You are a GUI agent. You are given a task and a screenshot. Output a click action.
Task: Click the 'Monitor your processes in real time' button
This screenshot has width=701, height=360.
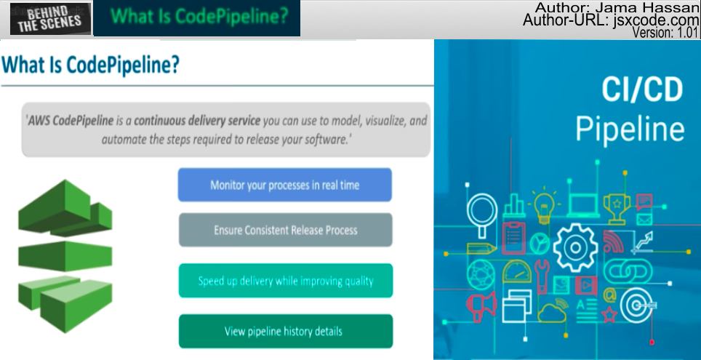pos(285,185)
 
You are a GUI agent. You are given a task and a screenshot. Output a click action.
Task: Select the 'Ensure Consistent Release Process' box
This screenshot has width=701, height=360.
pos(286,230)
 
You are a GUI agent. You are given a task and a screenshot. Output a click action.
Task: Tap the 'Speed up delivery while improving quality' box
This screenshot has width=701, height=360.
pos(286,281)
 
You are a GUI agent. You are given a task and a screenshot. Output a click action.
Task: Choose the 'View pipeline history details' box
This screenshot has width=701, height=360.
pos(286,332)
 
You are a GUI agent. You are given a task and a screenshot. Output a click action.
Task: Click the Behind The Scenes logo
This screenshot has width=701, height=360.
pos(50,19)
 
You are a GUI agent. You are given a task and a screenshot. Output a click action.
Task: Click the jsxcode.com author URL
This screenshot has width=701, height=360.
pos(656,20)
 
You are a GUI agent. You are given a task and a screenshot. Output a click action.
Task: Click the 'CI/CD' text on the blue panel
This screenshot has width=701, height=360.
pos(642,89)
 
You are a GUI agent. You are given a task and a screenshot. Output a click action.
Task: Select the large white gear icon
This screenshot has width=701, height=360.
pos(575,248)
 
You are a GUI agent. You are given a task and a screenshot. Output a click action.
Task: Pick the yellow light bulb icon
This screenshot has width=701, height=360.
pos(543,206)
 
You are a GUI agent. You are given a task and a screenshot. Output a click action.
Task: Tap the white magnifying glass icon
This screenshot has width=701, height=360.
pos(482,213)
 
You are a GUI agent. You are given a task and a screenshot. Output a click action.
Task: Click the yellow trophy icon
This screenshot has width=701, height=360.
pos(617,208)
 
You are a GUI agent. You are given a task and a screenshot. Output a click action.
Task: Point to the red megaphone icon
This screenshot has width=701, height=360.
pos(481,306)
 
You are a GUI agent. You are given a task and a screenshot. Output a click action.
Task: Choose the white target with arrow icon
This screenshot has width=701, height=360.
pos(638,305)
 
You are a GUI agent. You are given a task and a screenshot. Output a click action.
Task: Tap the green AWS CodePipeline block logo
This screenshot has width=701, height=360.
pos(65,256)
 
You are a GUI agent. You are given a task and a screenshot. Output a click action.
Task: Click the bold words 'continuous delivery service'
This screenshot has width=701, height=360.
pos(197,121)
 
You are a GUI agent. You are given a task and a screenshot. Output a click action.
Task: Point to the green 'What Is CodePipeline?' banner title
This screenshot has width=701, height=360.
pos(199,16)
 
